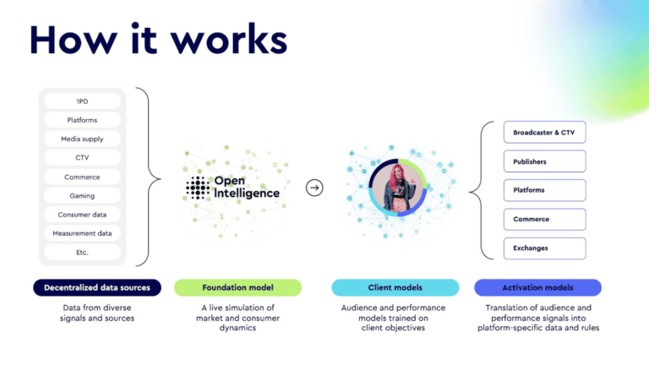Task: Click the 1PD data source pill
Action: coord(82,101)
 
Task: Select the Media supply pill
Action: coord(82,139)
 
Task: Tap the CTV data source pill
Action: coord(82,158)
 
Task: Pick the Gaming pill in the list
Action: coord(82,195)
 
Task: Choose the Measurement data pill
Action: coord(82,233)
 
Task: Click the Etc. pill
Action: coord(82,252)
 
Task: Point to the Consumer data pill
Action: coord(82,215)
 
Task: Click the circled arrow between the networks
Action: coord(314,188)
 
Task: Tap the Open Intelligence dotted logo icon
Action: coord(197,188)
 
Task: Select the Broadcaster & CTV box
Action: coord(543,133)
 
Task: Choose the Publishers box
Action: coord(543,161)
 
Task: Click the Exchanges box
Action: coord(543,248)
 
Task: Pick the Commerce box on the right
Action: coord(543,220)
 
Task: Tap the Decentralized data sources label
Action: coord(96,288)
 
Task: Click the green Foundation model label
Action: coord(237,288)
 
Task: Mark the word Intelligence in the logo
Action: coord(246,193)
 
